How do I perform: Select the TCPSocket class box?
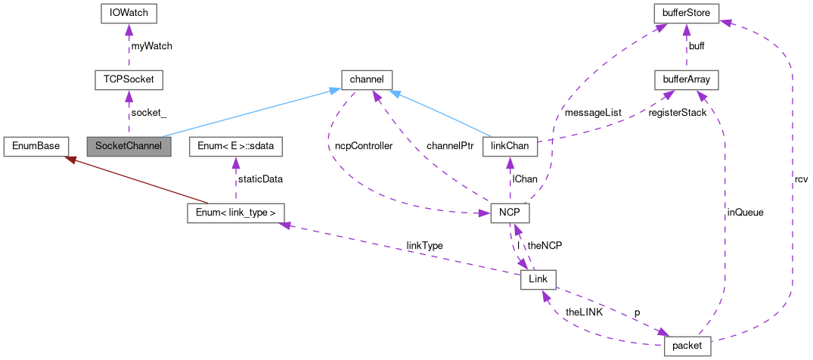129,79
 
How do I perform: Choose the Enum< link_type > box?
235,213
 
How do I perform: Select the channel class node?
367,79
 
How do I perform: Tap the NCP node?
510,213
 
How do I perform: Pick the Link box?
538,280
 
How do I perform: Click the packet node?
687,346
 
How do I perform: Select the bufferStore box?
687,13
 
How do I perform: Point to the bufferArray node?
687,79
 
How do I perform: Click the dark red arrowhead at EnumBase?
69,159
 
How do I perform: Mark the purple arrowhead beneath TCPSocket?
129,95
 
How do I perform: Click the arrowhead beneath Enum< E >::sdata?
235,162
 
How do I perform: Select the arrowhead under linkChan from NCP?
510,162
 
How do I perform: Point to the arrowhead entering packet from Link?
664,334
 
